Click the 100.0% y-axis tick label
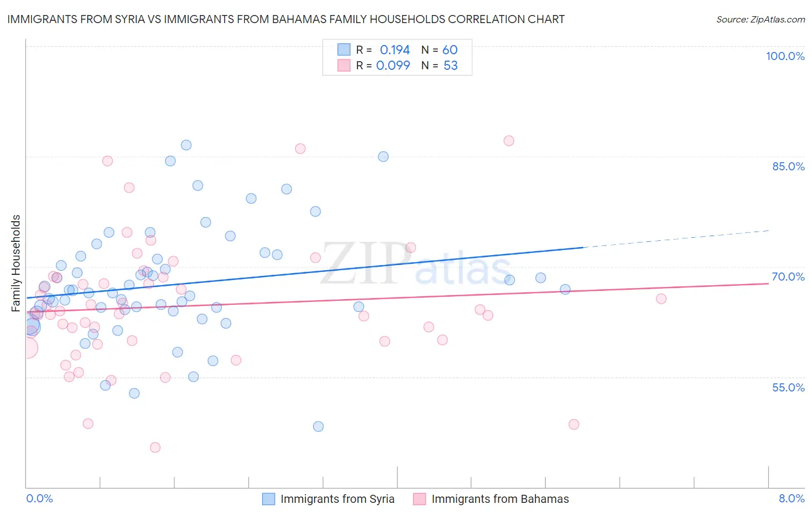click(x=785, y=56)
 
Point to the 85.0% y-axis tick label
click(x=788, y=166)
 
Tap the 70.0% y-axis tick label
click(x=788, y=277)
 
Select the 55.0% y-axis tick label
click(x=788, y=387)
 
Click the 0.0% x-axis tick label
click(x=39, y=498)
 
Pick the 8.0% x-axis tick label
click(x=791, y=498)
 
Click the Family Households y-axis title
click(x=16, y=263)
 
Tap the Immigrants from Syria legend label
click(x=337, y=499)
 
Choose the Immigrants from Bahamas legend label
click(x=500, y=499)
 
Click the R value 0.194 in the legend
click(x=394, y=50)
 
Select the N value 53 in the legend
click(x=450, y=65)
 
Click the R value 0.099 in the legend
click(x=393, y=65)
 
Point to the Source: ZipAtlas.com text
click(x=760, y=19)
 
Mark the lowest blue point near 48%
click(x=318, y=427)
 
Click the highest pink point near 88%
click(x=509, y=141)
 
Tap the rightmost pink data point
click(x=661, y=298)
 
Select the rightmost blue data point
click(x=565, y=289)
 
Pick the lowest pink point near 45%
click(x=155, y=447)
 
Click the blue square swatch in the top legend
click(x=344, y=50)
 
